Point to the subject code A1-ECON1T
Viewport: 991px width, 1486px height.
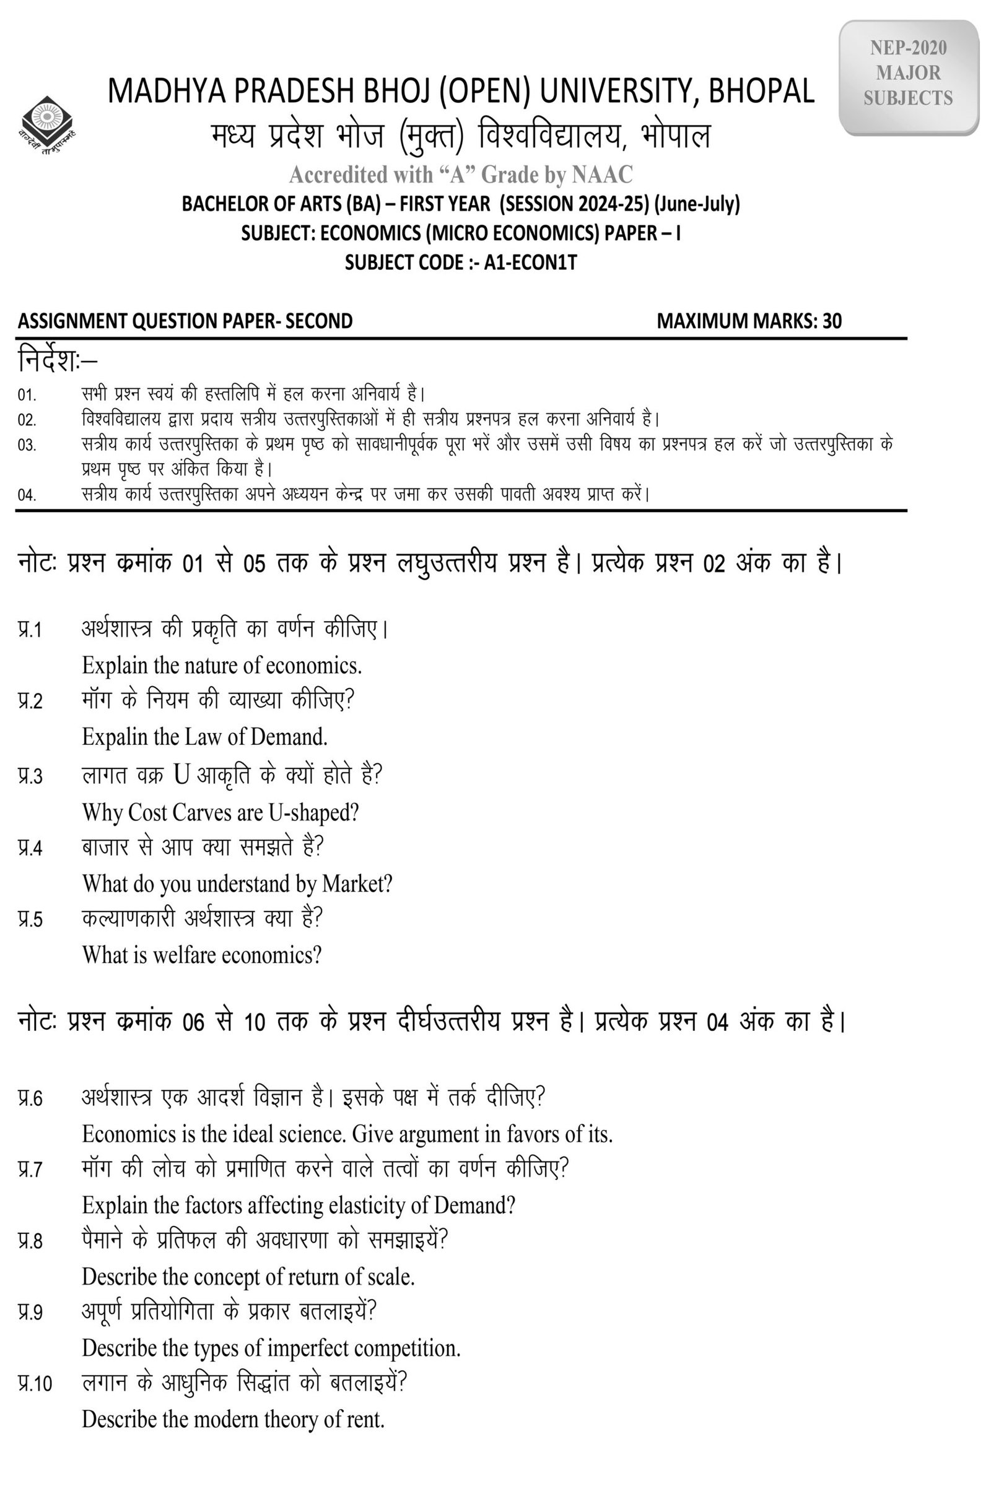pos(530,262)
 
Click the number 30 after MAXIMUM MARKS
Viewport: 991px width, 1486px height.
pos(832,321)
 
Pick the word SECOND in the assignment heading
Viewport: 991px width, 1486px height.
pos(318,321)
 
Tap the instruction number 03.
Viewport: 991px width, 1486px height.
pos(27,445)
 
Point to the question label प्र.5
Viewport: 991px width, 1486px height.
pos(30,919)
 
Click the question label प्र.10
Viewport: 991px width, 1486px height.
pos(35,1384)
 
